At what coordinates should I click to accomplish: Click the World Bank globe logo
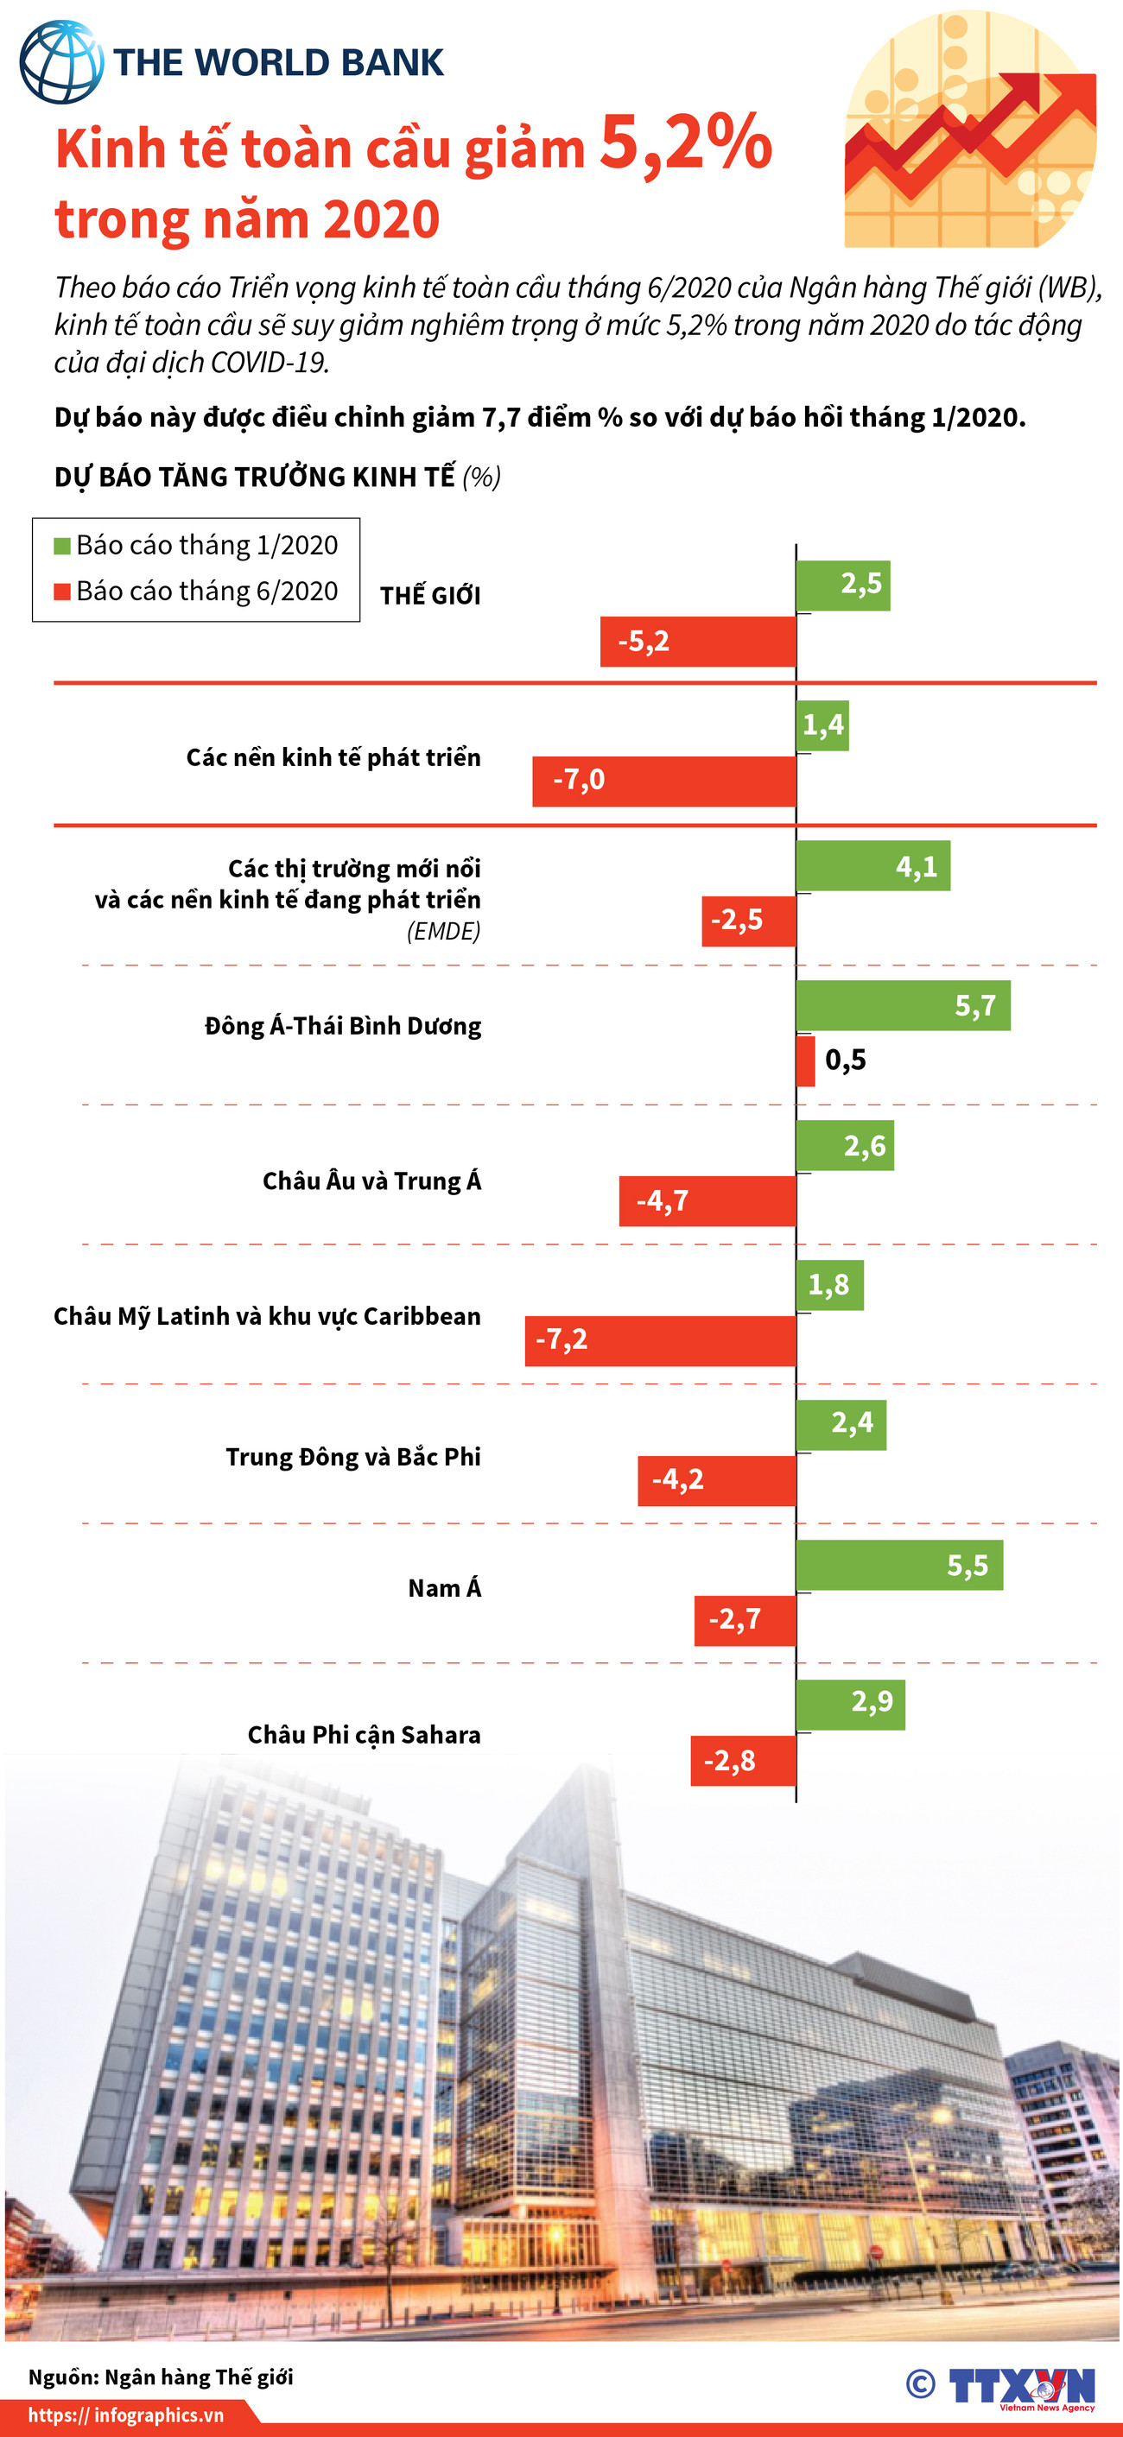pyautogui.click(x=60, y=62)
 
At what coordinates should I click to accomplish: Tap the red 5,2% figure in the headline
pyautogui.click(x=685, y=144)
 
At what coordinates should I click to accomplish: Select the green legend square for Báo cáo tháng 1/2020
pyautogui.click(x=62, y=546)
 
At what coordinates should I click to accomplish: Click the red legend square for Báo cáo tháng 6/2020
pyautogui.click(x=62, y=592)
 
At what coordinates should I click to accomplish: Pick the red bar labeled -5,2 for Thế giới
pyautogui.click(x=697, y=642)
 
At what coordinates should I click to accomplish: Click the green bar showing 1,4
pyautogui.click(x=822, y=725)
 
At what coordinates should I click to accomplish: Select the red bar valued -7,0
pyautogui.click(x=663, y=781)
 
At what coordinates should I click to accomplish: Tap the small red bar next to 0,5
pyautogui.click(x=805, y=1060)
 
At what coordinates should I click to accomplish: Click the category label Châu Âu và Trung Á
pyautogui.click(x=371, y=1181)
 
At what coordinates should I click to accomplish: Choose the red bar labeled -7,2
pyautogui.click(x=659, y=1339)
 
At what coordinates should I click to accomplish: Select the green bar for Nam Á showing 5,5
pyautogui.click(x=898, y=1565)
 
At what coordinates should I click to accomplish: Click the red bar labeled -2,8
pyautogui.click(x=743, y=1760)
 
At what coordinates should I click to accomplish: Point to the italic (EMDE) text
pyautogui.click(x=443, y=931)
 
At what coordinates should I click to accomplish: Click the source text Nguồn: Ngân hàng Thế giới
pyautogui.click(x=161, y=2377)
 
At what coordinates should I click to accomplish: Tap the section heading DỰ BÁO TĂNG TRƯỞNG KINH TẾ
pyautogui.click(x=255, y=477)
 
